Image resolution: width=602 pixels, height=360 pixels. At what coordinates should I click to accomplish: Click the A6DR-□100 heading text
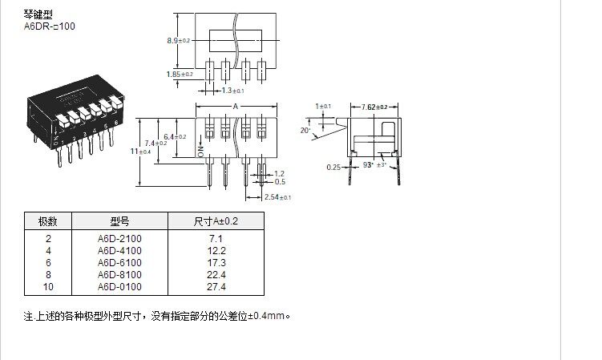pyautogui.click(x=50, y=26)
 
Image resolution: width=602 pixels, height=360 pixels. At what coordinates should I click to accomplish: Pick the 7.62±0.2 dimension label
pyautogui.click(x=374, y=107)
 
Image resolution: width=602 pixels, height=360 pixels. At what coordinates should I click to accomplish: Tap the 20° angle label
pyautogui.click(x=305, y=130)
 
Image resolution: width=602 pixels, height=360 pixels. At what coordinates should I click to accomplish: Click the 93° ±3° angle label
pyautogui.click(x=375, y=165)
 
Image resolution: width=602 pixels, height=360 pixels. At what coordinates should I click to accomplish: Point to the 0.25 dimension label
pyautogui.click(x=333, y=167)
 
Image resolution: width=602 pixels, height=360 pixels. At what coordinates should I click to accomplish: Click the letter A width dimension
pyautogui.click(x=236, y=107)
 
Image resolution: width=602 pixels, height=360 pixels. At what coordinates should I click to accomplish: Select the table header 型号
pyautogui.click(x=119, y=222)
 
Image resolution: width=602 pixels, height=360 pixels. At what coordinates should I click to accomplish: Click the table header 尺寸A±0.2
pyautogui.click(x=216, y=222)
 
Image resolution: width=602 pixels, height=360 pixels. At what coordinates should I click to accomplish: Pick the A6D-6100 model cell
pyautogui.click(x=119, y=263)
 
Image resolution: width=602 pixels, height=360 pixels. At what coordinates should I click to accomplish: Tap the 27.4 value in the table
pyautogui.click(x=216, y=286)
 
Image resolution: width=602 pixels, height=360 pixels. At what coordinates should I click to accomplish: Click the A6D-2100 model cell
pyautogui.click(x=119, y=239)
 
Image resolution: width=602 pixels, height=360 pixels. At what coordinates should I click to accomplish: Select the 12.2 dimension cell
pyautogui.click(x=216, y=251)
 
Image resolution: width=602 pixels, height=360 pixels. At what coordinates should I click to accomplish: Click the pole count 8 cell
pyautogui.click(x=48, y=274)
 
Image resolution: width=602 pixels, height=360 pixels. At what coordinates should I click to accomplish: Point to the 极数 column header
pyautogui.click(x=48, y=222)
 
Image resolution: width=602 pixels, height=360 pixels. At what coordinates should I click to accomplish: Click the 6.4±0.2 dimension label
pyautogui.click(x=176, y=137)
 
